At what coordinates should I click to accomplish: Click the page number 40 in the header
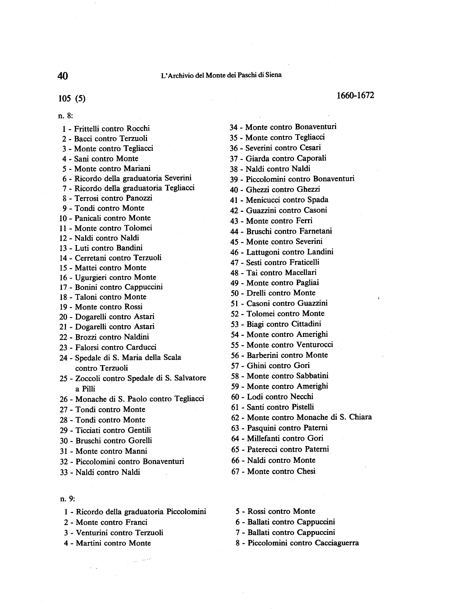tap(63, 76)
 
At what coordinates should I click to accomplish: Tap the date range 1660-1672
tap(355, 95)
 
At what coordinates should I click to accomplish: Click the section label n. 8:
tap(65, 116)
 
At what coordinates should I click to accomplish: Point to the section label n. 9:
tap(68, 499)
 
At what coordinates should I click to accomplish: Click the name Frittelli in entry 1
tap(86, 129)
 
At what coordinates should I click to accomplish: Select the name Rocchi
tap(138, 129)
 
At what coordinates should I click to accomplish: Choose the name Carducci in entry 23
tap(141, 347)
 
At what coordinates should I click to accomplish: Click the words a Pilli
tap(85, 389)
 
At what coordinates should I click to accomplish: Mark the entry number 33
tap(64, 472)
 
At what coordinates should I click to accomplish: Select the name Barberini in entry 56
tap(261, 355)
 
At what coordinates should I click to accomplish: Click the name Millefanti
tap(261, 438)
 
